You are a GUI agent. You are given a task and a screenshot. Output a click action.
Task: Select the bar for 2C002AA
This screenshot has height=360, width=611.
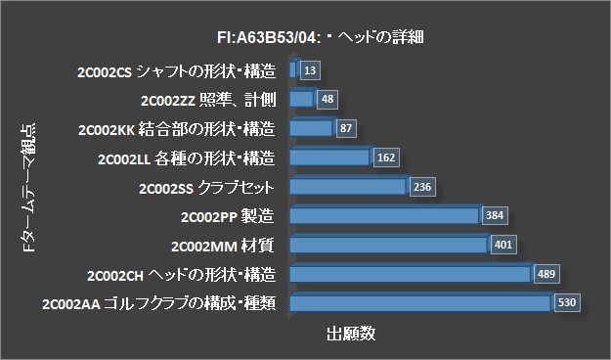point(420,302)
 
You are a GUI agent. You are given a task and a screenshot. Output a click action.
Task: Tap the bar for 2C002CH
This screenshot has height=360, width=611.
point(410,273)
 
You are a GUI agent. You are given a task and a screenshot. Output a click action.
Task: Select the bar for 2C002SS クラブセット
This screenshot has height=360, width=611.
point(347,186)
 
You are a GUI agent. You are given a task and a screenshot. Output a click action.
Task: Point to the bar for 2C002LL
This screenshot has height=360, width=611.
point(329,157)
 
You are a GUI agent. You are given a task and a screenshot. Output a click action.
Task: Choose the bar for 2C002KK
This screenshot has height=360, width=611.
point(311,127)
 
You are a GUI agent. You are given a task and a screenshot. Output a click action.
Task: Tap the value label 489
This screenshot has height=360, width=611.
point(546,274)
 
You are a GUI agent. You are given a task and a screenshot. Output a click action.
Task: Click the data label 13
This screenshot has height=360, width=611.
point(310,70)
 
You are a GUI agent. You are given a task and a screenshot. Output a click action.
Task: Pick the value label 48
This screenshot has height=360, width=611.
point(327,99)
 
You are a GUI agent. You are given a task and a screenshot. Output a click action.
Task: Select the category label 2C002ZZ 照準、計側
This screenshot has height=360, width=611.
point(210,99)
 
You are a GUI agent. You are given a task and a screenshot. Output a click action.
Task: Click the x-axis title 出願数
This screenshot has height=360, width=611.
point(350,335)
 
